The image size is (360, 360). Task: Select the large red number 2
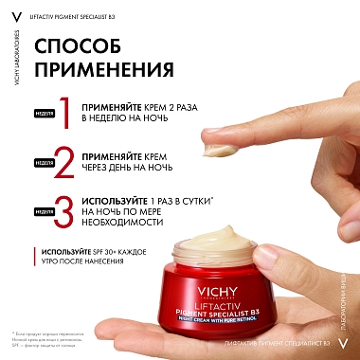tap(64, 161)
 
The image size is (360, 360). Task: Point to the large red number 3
tap(64, 210)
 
